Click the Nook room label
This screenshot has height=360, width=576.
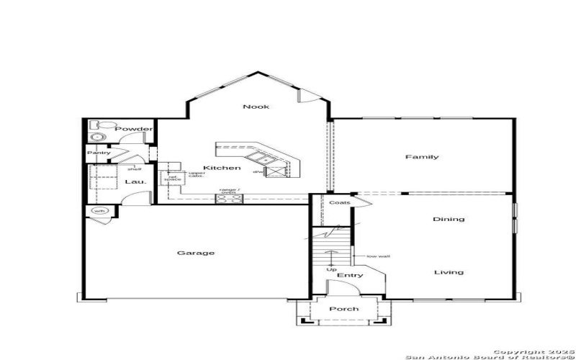pyautogui.click(x=256, y=107)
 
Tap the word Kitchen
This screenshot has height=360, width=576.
pyautogui.click(x=221, y=168)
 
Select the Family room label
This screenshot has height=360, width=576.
pyautogui.click(x=422, y=157)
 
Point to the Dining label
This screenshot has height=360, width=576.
pyautogui.click(x=449, y=219)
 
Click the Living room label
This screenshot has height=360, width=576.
pyautogui.click(x=449, y=272)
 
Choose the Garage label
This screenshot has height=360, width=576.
pyautogui.click(x=196, y=253)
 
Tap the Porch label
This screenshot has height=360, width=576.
pyautogui.click(x=343, y=309)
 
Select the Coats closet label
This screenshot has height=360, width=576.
pyautogui.click(x=340, y=202)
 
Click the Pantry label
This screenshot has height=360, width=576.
pyautogui.click(x=99, y=153)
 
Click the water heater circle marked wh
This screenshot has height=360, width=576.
pyautogui.click(x=99, y=211)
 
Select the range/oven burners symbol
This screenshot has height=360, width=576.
pyautogui.click(x=229, y=200)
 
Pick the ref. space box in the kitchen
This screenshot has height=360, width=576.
pyautogui.click(x=173, y=178)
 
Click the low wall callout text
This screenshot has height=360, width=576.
pyautogui.click(x=377, y=256)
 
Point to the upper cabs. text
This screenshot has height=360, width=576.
pyautogui.click(x=197, y=174)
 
